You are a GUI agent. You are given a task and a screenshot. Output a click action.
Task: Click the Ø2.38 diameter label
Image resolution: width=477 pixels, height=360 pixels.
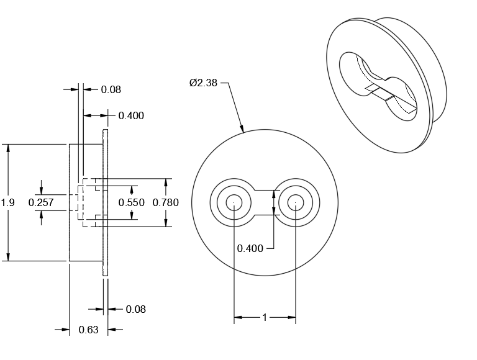(x=203, y=83)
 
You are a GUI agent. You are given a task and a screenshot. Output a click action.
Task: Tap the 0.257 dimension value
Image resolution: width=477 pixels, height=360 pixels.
(x=41, y=202)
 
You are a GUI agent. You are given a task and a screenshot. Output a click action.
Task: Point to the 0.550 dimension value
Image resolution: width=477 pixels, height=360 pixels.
(x=131, y=202)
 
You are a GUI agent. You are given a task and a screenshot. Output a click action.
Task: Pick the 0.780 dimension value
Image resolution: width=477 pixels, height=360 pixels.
(x=165, y=202)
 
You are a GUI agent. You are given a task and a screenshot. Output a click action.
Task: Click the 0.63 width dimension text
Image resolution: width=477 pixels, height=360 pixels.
(x=88, y=330)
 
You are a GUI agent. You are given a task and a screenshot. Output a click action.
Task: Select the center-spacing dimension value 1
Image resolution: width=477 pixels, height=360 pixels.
(x=265, y=318)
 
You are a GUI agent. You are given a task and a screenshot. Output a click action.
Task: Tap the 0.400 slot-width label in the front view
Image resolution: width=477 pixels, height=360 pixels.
(x=250, y=248)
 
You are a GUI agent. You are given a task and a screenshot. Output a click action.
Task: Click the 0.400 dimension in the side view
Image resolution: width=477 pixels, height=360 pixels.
(x=131, y=115)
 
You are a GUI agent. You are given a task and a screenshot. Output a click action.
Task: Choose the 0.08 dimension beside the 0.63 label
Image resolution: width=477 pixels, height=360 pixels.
(x=135, y=309)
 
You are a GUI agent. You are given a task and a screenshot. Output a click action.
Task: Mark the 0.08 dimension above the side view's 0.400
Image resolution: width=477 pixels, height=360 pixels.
(x=111, y=89)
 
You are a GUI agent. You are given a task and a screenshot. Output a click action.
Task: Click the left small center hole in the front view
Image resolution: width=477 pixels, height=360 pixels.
(x=234, y=202)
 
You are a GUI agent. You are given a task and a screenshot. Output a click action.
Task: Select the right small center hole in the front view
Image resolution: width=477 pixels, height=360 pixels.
(x=295, y=202)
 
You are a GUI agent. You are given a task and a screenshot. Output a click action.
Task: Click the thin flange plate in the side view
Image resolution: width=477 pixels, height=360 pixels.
(x=106, y=202)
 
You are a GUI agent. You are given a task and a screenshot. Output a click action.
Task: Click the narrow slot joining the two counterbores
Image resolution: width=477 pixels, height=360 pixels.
(x=265, y=202)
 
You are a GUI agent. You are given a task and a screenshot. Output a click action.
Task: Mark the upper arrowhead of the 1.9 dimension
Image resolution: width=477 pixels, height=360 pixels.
(x=8, y=148)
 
